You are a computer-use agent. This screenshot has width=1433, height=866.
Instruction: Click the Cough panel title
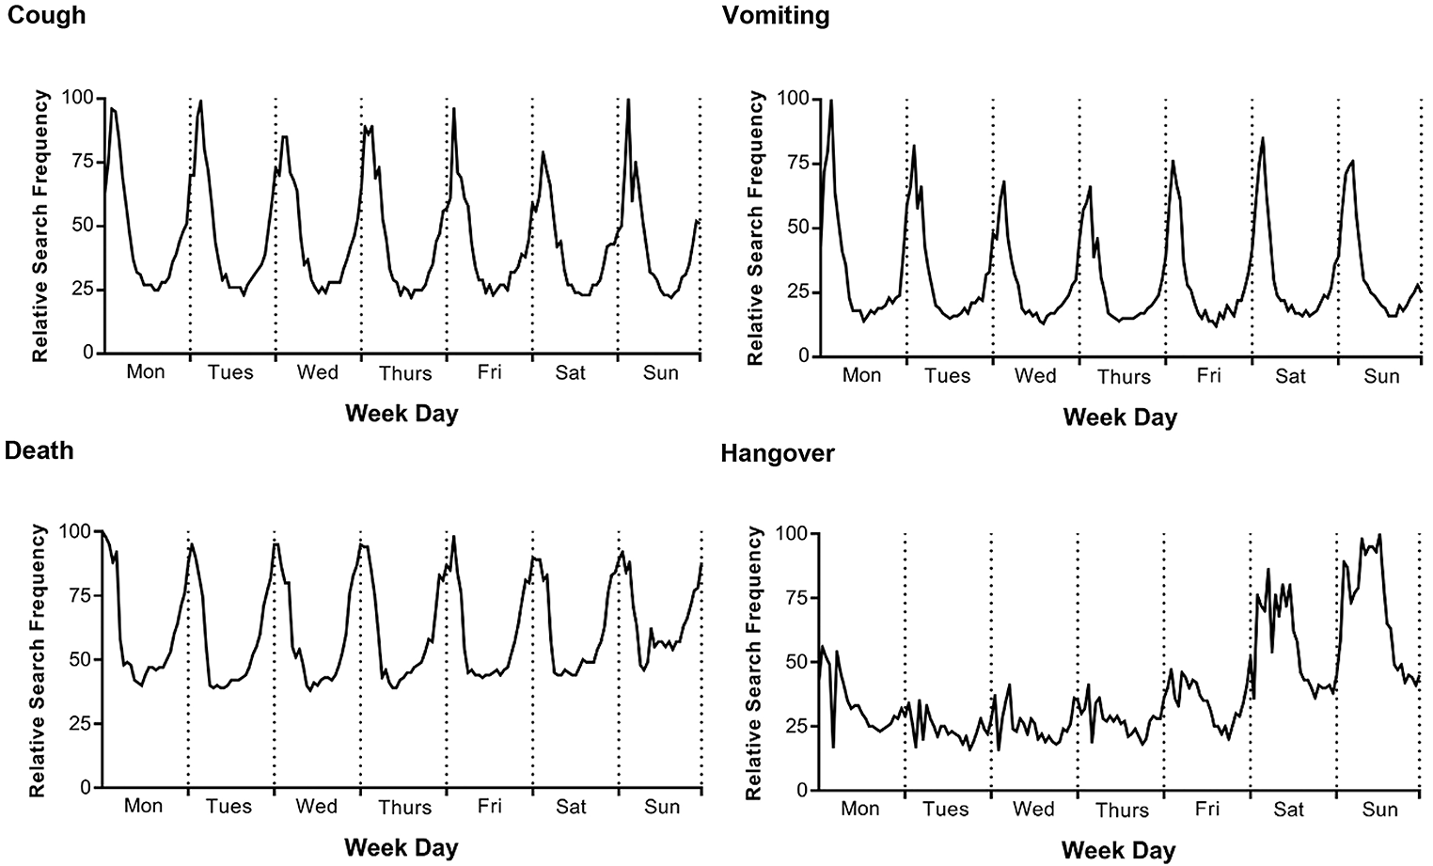click(46, 15)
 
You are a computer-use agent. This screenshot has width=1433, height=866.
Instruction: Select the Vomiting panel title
click(776, 15)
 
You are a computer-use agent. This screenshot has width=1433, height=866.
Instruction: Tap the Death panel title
click(39, 450)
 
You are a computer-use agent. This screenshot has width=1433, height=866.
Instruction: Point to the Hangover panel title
click(778, 453)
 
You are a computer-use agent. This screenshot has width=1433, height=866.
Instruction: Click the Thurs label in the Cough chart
click(405, 373)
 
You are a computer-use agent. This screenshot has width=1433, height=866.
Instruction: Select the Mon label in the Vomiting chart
click(861, 375)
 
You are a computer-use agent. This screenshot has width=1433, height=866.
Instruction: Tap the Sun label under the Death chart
click(661, 807)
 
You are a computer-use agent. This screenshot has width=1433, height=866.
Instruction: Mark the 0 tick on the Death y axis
click(85, 788)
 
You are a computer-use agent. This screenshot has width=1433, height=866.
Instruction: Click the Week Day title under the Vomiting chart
click(1120, 417)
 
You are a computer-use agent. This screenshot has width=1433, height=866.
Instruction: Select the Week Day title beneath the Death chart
click(402, 848)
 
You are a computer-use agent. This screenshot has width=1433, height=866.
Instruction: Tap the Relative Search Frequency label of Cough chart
click(39, 227)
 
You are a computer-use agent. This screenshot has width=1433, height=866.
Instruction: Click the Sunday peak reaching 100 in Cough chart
click(628, 101)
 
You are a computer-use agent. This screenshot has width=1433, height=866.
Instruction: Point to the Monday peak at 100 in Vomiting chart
click(831, 101)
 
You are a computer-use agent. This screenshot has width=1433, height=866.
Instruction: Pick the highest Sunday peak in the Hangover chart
click(1379, 535)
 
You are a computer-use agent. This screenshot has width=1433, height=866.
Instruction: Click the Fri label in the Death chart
click(489, 805)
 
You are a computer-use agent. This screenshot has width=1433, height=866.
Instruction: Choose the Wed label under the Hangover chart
click(1033, 809)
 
